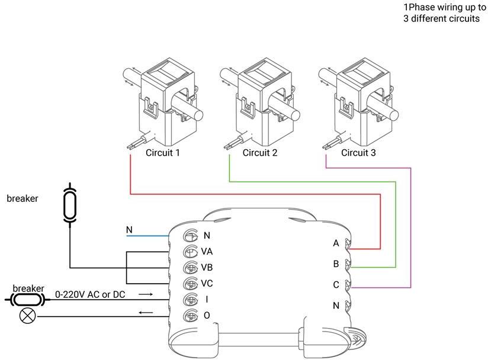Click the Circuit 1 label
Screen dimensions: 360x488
[x=162, y=153]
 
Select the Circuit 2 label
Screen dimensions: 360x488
[x=260, y=153]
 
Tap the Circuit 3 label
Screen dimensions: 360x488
[x=358, y=153]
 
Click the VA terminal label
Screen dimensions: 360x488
[x=207, y=251]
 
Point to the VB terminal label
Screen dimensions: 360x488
[x=207, y=267]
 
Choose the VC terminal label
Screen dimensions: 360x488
[x=207, y=283]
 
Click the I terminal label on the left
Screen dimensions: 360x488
[x=206, y=300]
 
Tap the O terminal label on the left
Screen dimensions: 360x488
[x=206, y=316]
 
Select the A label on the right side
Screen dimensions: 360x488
[x=336, y=243]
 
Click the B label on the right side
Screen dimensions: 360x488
[x=336, y=263]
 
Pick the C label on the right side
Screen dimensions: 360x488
[x=336, y=285]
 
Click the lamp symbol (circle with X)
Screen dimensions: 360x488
[x=27, y=316]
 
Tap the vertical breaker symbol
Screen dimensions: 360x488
[x=69, y=203]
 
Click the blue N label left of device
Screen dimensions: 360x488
[x=130, y=230]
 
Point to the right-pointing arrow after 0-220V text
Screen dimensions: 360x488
[x=146, y=294]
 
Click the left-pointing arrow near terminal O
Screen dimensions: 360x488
[x=146, y=311]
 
